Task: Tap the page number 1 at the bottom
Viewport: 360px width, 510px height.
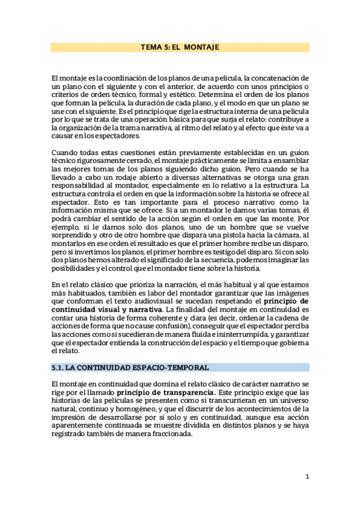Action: (x=307, y=476)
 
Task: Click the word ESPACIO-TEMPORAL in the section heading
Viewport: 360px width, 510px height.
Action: (x=175, y=367)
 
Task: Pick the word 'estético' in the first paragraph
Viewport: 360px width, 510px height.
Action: (x=198, y=95)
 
